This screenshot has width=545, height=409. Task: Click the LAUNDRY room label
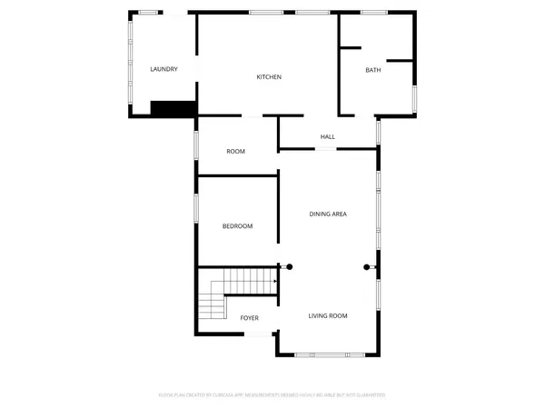163,69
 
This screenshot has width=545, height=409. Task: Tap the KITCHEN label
269,77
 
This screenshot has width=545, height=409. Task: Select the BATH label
373,70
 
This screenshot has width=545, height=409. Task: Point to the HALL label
328,137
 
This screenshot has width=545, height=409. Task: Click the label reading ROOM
236,151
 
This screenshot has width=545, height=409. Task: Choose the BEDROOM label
237,225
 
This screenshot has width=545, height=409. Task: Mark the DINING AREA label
328,214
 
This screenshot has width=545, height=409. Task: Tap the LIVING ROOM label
328,315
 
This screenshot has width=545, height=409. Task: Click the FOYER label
250,318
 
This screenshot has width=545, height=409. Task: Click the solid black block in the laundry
173,108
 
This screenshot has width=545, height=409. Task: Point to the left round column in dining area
290,266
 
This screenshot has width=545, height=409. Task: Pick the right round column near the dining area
367,266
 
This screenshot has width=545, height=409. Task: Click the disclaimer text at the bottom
272,395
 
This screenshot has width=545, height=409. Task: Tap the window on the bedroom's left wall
195,207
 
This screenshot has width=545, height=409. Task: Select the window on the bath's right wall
414,97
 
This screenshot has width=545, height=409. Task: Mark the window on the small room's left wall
195,145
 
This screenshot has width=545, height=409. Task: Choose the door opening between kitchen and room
254,116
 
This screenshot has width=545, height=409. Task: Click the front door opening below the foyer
260,334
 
